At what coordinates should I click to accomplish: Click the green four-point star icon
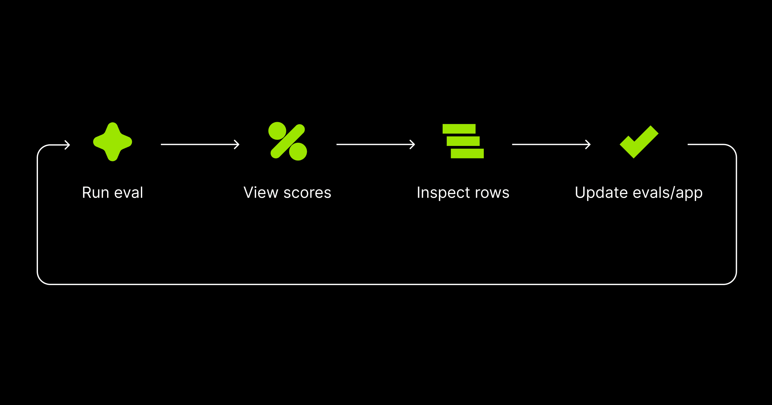pos(113,142)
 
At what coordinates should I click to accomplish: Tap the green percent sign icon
pos(288,141)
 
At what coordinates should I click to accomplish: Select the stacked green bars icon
pos(463,141)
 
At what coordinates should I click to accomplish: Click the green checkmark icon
pos(639,142)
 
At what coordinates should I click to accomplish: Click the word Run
pos(96,193)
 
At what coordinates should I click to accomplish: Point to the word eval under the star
pos(129,193)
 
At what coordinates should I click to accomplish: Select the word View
pos(261,193)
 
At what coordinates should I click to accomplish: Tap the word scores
pos(307,193)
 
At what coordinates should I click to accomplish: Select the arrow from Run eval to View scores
pos(200,145)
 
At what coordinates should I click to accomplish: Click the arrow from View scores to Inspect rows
pos(375,145)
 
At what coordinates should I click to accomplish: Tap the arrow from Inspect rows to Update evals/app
pos(551,145)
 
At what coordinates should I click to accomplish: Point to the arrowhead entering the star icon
pos(67,145)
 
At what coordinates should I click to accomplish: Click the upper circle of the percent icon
pos(277,131)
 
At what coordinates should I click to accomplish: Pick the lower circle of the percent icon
pos(298,152)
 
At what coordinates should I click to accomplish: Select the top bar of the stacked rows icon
pos(459,129)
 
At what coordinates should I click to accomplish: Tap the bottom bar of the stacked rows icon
pos(467,153)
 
